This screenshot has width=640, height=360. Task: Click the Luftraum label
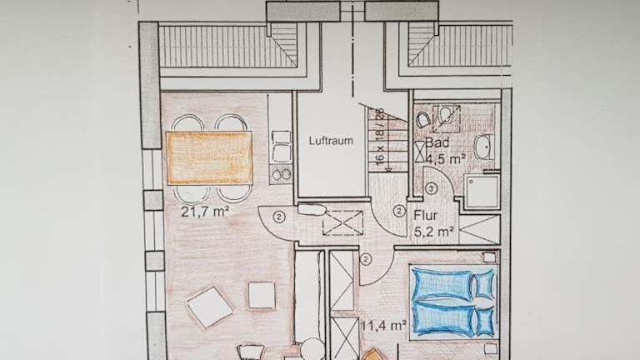pos(331,141)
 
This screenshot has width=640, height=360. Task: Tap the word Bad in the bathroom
pos(437,142)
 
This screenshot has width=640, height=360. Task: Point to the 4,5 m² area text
pos(446,159)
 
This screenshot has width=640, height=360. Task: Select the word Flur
pos(425,215)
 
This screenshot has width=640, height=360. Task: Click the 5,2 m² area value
pos(434,232)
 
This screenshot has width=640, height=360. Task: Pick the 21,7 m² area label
pos(204,212)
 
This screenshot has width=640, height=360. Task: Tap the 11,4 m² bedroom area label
pos(383,325)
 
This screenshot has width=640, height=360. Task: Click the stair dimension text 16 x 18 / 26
pos(380,137)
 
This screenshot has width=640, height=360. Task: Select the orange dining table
pos(209,158)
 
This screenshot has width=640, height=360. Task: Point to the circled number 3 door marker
pos(431,188)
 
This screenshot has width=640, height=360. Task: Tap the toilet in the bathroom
pos(422,120)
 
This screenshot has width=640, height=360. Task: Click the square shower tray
pos(483,192)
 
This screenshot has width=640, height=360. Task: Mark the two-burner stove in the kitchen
pos(281,175)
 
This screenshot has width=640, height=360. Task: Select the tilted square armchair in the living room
pos(210,307)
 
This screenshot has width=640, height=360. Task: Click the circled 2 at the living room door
pos(279,217)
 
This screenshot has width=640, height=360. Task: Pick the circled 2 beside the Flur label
pos(399,211)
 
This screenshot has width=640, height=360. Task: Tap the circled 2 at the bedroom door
pos(366,259)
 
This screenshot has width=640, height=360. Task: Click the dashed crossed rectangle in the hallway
pos(342,222)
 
